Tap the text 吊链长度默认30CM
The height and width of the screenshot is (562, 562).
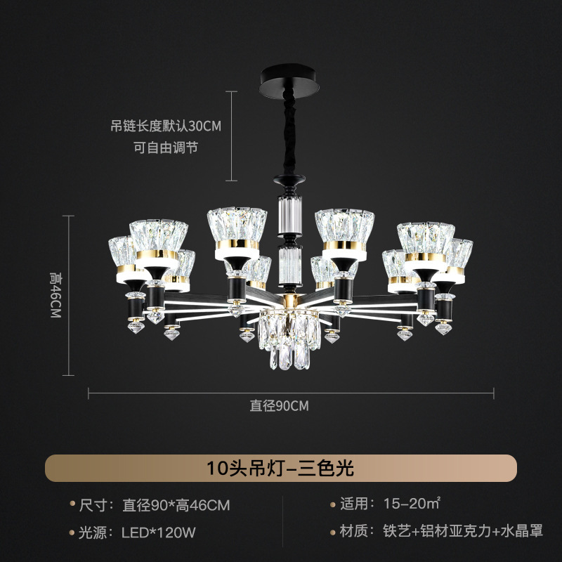click(x=166, y=126)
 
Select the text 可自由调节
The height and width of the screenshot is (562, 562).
click(x=166, y=148)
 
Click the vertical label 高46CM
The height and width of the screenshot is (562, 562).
click(x=55, y=295)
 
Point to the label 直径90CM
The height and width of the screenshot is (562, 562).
click(x=279, y=405)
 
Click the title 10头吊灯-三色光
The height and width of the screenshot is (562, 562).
click(x=281, y=468)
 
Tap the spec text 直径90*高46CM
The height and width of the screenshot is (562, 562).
click(x=176, y=505)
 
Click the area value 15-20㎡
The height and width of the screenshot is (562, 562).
click(x=412, y=504)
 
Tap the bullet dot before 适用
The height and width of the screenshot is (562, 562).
click(x=333, y=504)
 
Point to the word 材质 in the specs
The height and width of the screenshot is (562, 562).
click(x=358, y=532)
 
